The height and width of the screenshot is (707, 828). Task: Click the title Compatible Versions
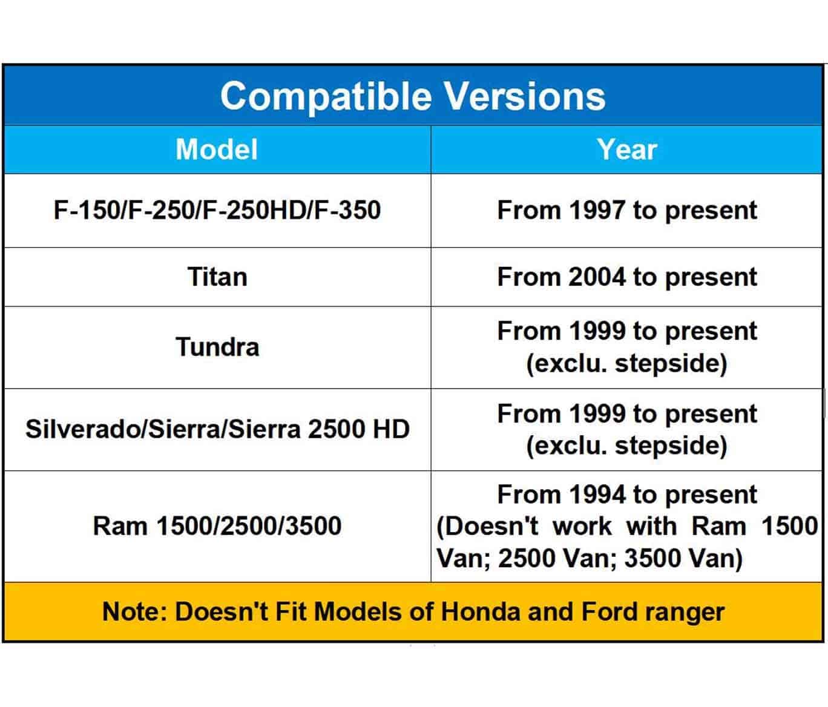(413, 96)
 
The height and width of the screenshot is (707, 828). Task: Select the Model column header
(217, 150)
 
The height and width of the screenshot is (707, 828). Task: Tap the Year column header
(627, 150)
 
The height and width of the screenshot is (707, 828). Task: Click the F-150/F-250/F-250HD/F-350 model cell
(217, 210)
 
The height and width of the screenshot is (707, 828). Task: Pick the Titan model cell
(217, 277)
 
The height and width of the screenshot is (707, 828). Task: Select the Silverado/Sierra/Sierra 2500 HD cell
(217, 429)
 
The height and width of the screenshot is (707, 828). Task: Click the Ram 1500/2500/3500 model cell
(217, 526)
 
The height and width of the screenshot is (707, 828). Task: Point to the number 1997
(596, 210)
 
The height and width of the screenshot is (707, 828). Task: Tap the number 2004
(596, 277)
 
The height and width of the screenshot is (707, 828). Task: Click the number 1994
(597, 495)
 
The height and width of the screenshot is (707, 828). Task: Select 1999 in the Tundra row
(596, 331)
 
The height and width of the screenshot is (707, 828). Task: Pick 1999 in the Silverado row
(596, 413)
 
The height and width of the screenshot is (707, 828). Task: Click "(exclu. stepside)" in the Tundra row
(627, 364)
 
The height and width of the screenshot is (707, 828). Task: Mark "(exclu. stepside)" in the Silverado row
(627, 446)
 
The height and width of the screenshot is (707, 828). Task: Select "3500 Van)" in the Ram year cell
(683, 559)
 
